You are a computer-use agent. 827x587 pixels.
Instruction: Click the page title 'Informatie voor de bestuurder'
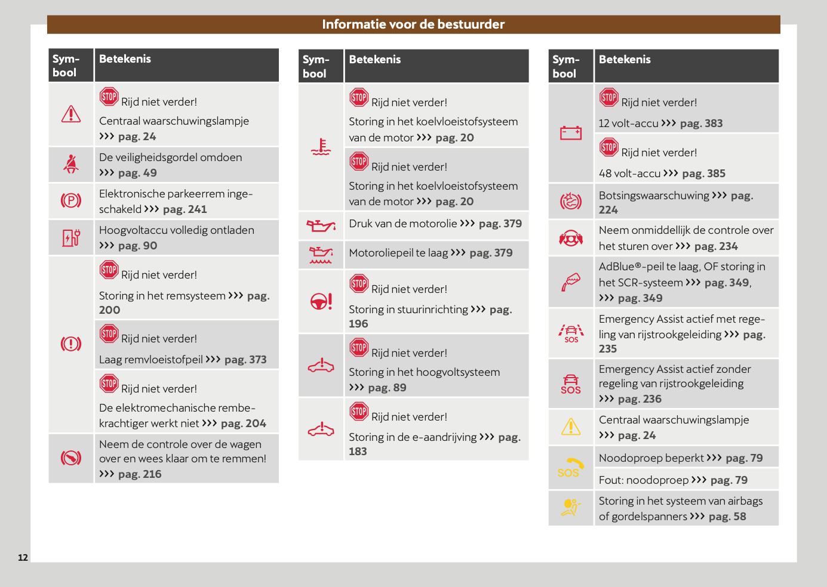coord(413,24)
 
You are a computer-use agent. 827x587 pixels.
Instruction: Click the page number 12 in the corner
coord(23,558)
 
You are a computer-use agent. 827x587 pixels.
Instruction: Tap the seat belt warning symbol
coord(71,164)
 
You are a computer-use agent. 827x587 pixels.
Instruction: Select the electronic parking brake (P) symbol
coord(71,200)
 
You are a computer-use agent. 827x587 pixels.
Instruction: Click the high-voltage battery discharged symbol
coord(71,237)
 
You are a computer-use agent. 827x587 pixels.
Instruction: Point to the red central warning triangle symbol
coord(71,114)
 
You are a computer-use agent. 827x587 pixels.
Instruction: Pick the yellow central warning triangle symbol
coord(571,427)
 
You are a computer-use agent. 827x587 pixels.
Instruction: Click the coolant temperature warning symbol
coord(321,147)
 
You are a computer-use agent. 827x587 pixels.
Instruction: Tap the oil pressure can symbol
coord(321,225)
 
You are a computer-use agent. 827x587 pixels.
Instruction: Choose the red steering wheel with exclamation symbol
coord(321,301)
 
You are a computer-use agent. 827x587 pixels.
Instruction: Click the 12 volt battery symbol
coord(571,132)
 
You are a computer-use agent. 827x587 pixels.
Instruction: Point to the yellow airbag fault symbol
coord(571,508)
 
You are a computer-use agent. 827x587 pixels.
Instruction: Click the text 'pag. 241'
coord(185,209)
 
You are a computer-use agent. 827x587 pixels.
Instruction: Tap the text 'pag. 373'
coord(245,360)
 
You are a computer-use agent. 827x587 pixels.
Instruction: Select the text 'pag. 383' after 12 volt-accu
coord(702,123)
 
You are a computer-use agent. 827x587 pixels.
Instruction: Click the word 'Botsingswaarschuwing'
coord(654,196)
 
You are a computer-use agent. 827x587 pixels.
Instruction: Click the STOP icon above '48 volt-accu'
coord(609,147)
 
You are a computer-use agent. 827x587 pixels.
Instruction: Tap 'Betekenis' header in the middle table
coord(375,60)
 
